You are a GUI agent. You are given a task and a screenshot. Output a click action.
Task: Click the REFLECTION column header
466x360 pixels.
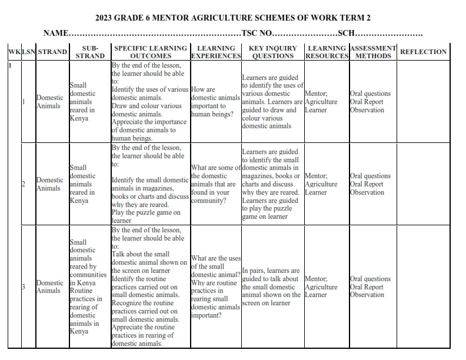point(423,52)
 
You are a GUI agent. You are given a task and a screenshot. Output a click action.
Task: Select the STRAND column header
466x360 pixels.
point(52,52)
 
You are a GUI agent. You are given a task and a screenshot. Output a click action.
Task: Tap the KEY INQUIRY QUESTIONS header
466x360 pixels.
point(272,52)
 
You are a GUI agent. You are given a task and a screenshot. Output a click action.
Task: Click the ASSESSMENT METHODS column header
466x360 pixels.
point(373,52)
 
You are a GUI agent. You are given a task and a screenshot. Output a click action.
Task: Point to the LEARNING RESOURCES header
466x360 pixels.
point(327,52)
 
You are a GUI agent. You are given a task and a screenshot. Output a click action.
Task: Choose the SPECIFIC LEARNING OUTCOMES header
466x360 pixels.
point(151,52)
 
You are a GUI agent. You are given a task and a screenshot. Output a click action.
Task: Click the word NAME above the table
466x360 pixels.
point(56,34)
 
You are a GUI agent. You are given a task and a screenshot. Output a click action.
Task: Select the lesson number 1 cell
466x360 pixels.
point(23,102)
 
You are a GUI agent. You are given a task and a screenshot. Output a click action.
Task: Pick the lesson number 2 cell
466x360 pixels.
point(23,184)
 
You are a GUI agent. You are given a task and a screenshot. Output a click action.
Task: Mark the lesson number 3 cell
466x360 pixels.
point(23,287)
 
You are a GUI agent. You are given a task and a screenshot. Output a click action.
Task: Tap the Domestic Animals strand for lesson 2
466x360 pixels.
point(49,184)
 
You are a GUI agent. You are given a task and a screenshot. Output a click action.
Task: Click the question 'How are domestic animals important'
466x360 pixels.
point(215,102)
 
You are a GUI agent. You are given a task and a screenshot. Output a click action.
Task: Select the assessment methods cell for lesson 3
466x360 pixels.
point(370,287)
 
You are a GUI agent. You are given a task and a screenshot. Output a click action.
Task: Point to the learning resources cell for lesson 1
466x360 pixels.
point(321,102)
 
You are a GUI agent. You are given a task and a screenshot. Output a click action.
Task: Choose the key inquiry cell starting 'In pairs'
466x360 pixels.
point(271,287)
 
